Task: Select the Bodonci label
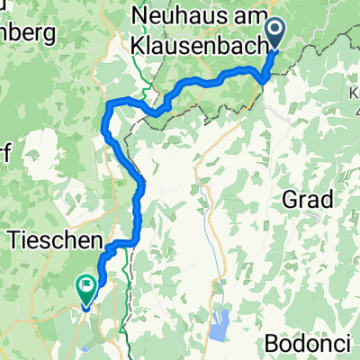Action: click(x=312, y=345)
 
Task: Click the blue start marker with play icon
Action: click(x=275, y=32)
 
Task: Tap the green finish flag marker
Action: click(x=86, y=289)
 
